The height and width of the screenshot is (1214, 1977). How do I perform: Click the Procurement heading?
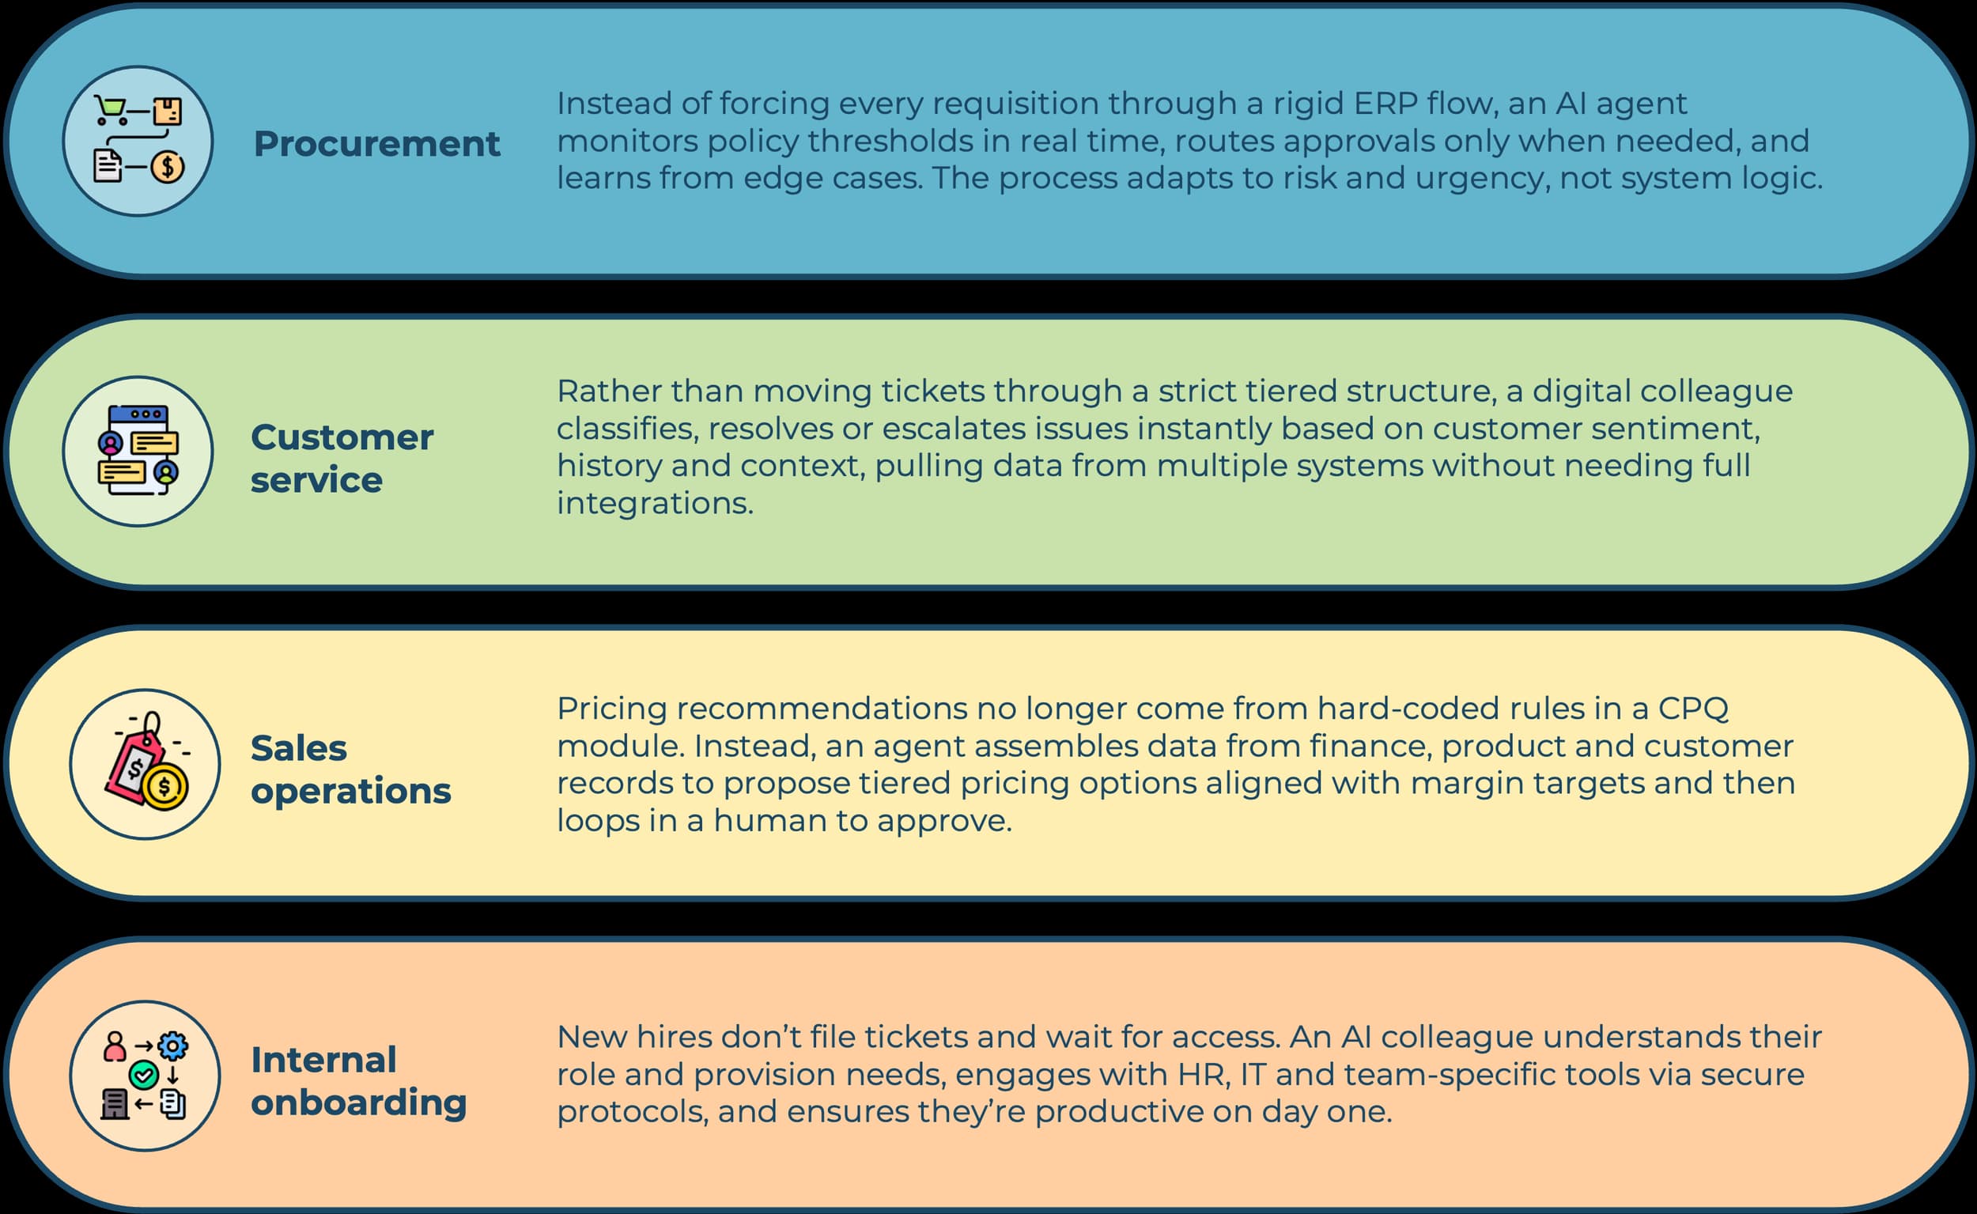point(376,144)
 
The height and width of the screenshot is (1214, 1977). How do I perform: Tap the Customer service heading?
point(342,459)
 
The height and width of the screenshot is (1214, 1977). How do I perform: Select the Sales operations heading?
point(351,770)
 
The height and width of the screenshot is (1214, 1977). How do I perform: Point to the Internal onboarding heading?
point(359,1080)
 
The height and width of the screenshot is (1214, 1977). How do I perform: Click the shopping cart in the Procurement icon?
point(111,110)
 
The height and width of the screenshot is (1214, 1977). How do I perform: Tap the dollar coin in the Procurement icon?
point(167,167)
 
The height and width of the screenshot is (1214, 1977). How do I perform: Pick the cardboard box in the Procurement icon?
point(168,112)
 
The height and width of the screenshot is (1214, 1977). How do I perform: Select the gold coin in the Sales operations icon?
point(165,786)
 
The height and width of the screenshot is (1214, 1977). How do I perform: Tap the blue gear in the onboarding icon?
point(172,1046)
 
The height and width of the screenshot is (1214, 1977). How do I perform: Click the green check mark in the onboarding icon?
point(144,1075)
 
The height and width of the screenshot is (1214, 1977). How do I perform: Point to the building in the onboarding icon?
point(115,1105)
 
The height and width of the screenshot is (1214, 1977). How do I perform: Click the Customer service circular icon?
point(138,452)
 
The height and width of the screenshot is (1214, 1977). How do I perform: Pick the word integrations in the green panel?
point(655,505)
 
